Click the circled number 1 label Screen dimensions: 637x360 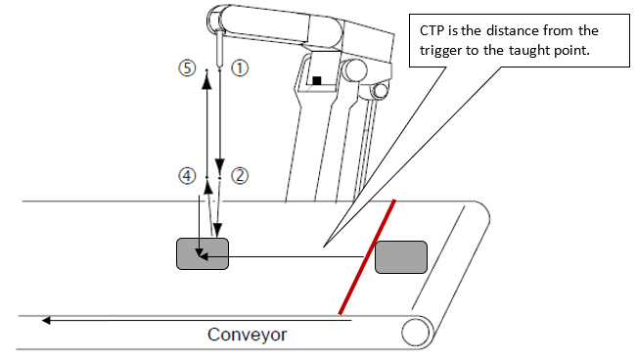click(x=240, y=67)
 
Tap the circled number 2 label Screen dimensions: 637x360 click(x=240, y=176)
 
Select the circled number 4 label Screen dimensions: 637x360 click(x=187, y=176)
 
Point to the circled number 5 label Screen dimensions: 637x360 click(x=187, y=67)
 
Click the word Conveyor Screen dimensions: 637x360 click(x=247, y=335)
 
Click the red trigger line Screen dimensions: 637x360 click(x=367, y=257)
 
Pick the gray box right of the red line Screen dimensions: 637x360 click(x=401, y=257)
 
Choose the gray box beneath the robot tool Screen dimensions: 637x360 click(x=203, y=254)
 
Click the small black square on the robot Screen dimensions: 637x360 click(x=317, y=80)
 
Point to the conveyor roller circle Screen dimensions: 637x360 click(x=416, y=332)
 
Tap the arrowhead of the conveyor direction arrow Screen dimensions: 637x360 click(x=46, y=321)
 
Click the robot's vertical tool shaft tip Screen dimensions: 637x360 click(x=220, y=67)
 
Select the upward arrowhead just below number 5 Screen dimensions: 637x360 click(x=206, y=81)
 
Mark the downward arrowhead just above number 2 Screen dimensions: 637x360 click(x=220, y=165)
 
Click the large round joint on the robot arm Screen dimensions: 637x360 click(x=354, y=70)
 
